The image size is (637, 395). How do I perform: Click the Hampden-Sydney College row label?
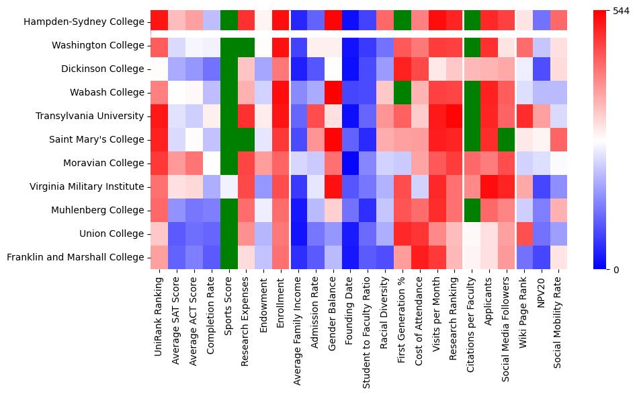[83, 22]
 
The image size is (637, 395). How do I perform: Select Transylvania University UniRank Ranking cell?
[159, 116]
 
